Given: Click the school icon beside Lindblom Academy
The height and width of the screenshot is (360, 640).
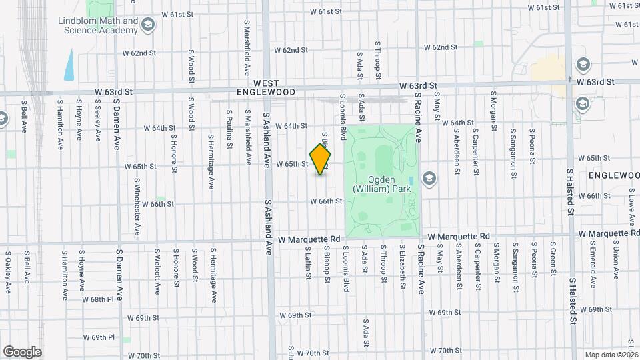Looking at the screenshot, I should pos(147,26).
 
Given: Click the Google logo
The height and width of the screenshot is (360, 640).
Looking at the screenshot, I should pos(22,352).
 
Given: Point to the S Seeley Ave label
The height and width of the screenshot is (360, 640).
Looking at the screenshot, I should pos(97,120).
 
